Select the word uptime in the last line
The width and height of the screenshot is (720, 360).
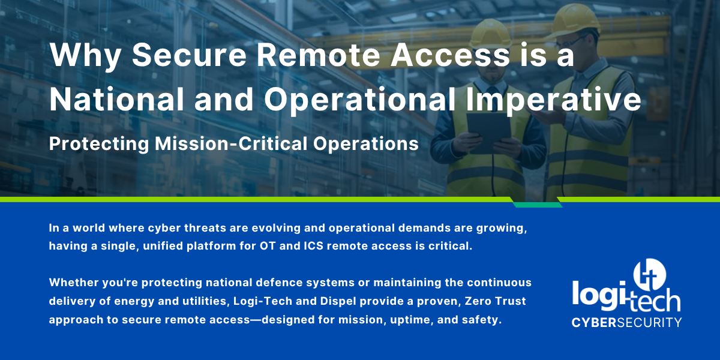(407, 320)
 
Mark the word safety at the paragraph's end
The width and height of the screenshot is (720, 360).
(481, 320)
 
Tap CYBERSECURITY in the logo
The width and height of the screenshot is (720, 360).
(626, 322)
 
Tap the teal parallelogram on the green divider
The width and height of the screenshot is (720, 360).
(538, 205)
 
